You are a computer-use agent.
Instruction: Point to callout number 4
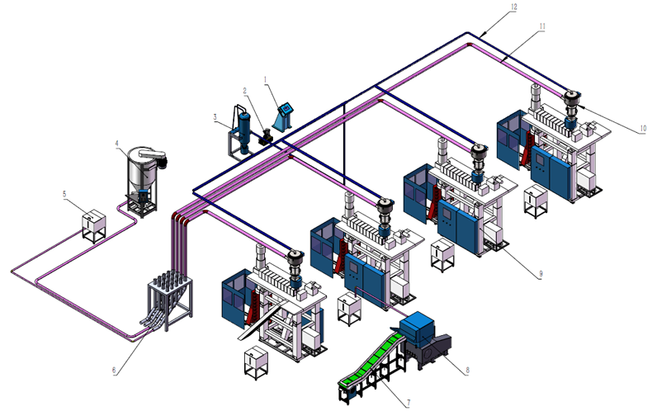[x=117, y=143]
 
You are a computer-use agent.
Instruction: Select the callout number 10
[x=643, y=128]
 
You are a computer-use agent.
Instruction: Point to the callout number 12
[x=513, y=7]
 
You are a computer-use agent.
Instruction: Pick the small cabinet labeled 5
[x=94, y=223]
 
